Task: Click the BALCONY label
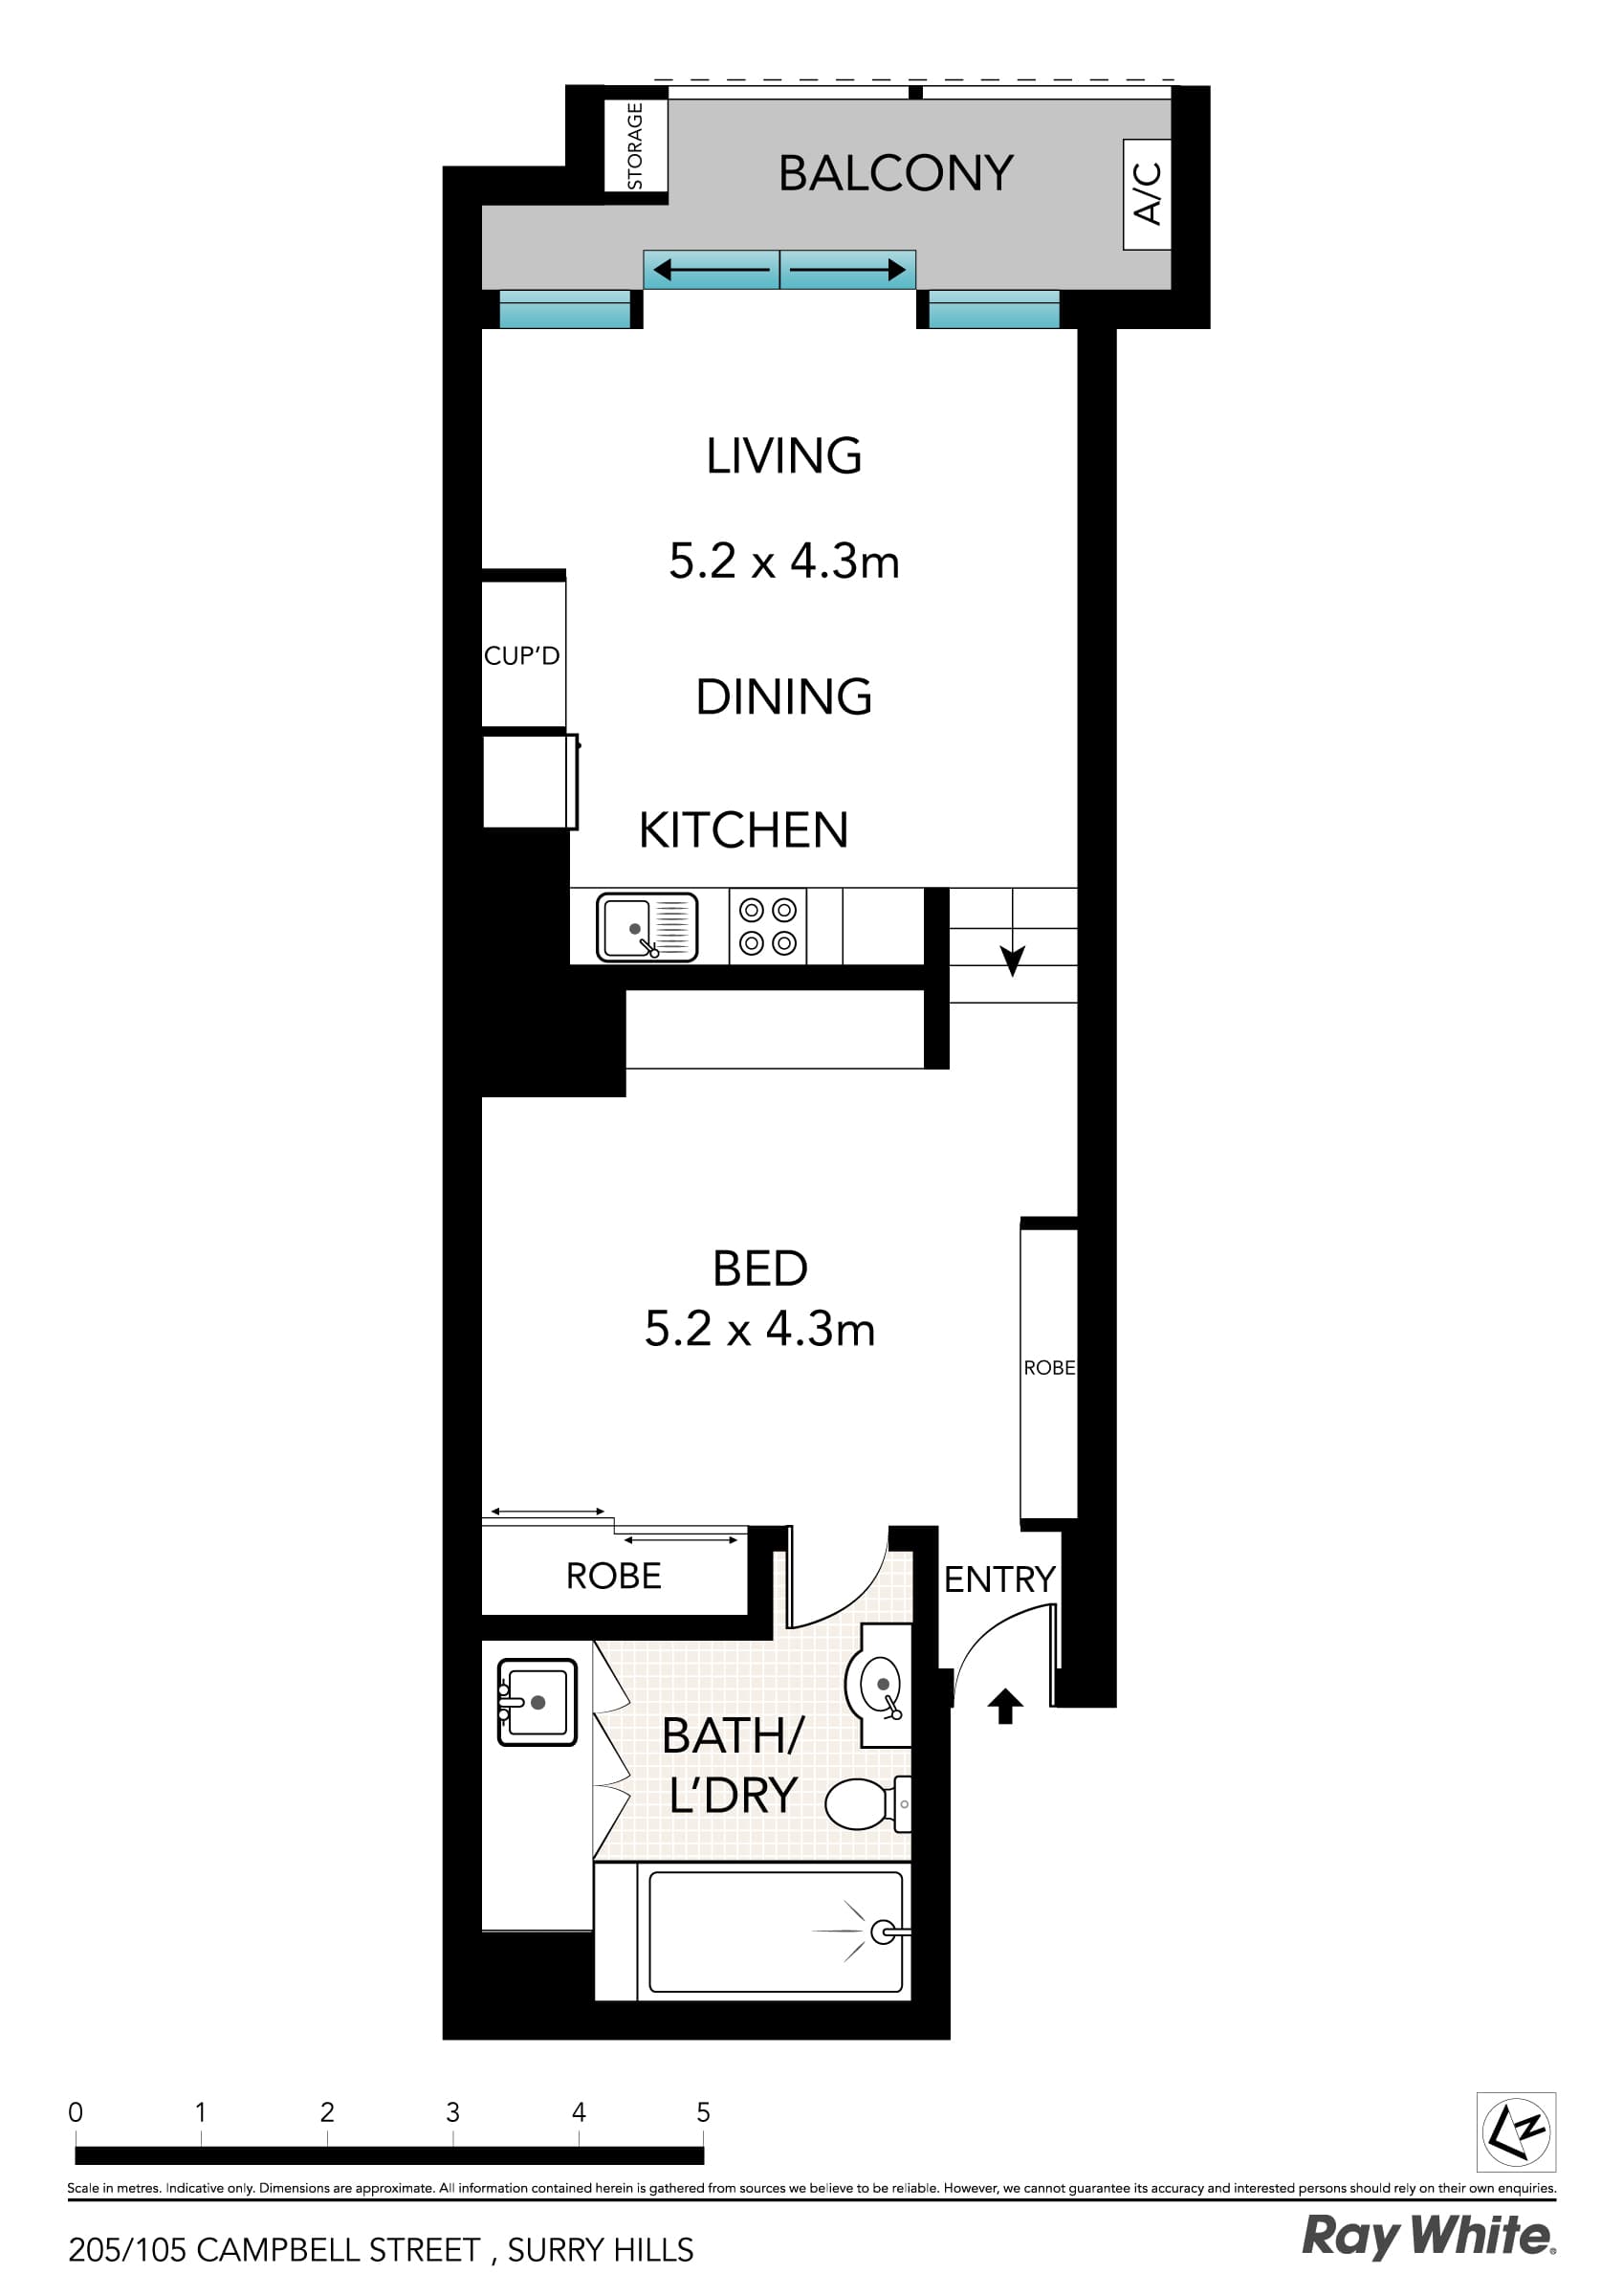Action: click(896, 173)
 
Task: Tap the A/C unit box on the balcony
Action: click(1147, 194)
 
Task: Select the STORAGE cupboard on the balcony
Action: click(635, 146)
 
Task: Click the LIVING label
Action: click(784, 456)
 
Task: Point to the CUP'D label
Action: click(521, 656)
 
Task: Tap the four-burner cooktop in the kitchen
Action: click(767, 926)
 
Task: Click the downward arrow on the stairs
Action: click(1012, 961)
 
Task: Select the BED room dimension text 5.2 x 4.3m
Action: click(759, 1329)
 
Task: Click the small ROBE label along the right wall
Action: click(1049, 1367)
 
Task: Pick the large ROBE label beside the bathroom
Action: click(613, 1576)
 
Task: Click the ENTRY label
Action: click(999, 1579)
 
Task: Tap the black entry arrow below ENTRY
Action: click(1005, 1706)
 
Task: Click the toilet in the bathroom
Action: click(866, 1804)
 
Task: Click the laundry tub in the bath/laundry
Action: click(537, 1702)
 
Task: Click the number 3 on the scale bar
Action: click(452, 2112)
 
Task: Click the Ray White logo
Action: click(1427, 2236)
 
